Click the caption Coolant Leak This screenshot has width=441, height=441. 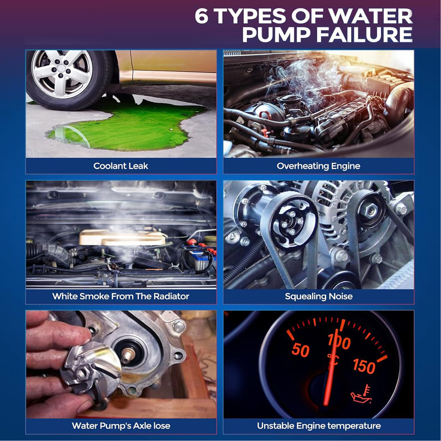(121, 166)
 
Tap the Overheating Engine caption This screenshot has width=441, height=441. (318, 166)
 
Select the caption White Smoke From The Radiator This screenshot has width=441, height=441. (121, 296)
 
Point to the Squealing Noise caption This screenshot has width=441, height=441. (319, 296)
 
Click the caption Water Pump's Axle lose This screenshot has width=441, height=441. (121, 426)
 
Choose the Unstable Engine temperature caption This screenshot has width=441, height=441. (319, 426)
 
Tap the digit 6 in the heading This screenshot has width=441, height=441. (202, 16)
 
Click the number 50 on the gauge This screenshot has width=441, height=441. (300, 350)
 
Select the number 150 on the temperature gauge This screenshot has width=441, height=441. (364, 366)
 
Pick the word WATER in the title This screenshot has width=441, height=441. (370, 16)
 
